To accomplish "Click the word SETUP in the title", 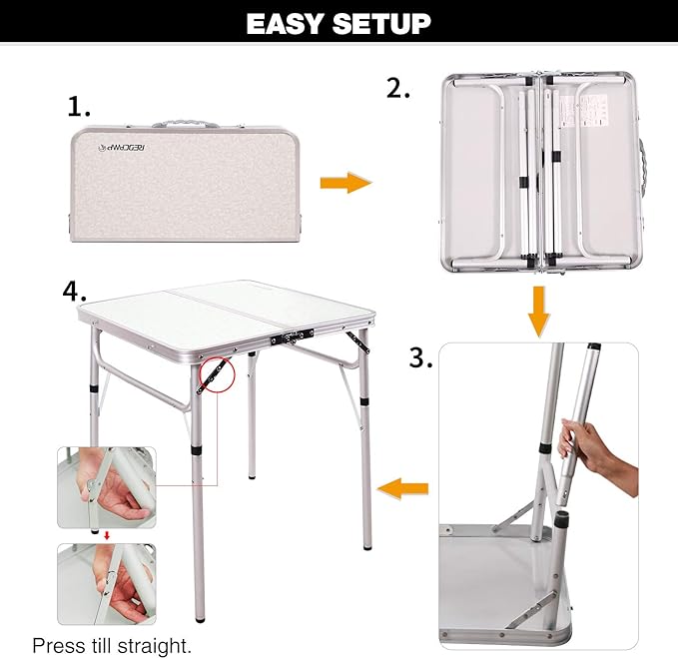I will pos(382,23).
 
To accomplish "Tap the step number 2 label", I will pos(399,88).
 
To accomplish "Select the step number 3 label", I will pos(420,358).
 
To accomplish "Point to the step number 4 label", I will pos(75,291).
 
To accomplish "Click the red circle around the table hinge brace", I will pos(215,376).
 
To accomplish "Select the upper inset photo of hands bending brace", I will pos(106,487).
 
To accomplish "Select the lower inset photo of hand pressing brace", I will pos(106,584).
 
